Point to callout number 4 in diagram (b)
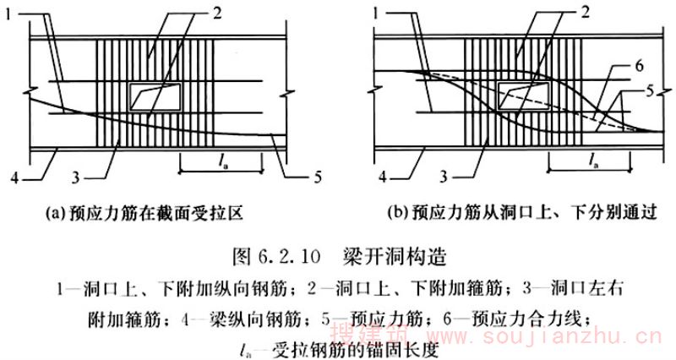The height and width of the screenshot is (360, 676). (383, 177)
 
